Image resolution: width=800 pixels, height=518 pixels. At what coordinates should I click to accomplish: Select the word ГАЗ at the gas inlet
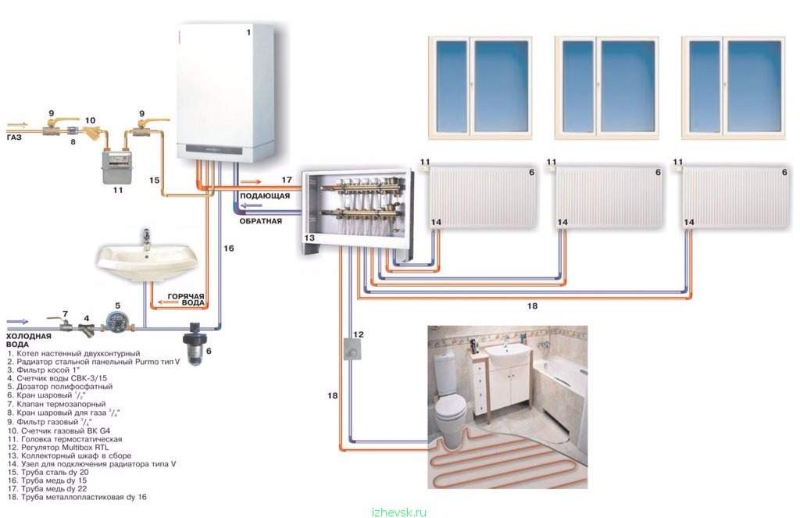point(14,138)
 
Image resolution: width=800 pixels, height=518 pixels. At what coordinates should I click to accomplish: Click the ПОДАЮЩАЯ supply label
point(265,196)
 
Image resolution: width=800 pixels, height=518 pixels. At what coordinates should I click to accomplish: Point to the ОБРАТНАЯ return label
point(261,221)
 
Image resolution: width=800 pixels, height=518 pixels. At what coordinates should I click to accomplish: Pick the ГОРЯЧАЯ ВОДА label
point(186,299)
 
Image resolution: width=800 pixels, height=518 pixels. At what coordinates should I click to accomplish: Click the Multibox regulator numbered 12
point(352,349)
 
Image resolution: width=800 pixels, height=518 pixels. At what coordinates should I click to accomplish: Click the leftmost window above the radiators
point(480,88)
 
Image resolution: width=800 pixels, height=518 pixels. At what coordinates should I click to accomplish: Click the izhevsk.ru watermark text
point(399,513)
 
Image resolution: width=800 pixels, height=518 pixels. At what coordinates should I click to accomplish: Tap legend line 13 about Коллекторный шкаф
point(70,455)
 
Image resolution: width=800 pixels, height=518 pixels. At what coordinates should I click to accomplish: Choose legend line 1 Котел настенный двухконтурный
point(73,353)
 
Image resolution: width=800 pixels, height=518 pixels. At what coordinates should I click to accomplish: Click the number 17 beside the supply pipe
point(287,180)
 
